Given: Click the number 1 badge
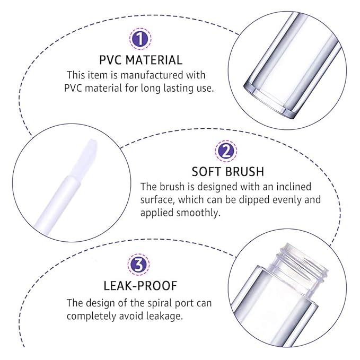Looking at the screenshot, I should pos(141,39).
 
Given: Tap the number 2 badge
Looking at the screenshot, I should pos(225,151).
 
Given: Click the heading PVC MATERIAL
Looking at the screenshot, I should pos(141,60).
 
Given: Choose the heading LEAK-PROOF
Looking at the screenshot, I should pos(141,286).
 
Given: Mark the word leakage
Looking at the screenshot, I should pos(168,316).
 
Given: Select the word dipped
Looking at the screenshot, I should pos(262,200).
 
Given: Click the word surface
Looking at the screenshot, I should pos(157,200).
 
